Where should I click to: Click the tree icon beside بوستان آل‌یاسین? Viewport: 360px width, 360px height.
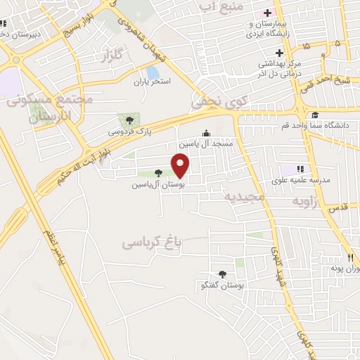(160, 173)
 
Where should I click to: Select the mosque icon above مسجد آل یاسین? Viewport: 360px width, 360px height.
(206, 133)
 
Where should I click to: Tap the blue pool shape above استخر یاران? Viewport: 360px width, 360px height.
(153, 72)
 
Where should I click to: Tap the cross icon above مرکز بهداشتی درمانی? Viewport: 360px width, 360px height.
(279, 53)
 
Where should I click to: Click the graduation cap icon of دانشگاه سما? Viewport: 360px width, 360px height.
(315, 116)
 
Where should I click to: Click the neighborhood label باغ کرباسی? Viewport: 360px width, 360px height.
(152, 243)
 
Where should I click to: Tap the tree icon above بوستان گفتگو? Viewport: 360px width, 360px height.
(223, 275)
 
